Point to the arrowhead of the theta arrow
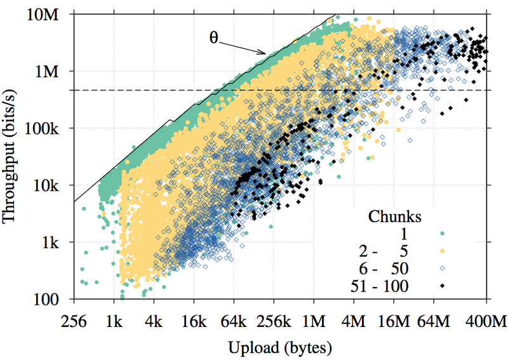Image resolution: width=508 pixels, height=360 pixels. click(266, 53)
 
